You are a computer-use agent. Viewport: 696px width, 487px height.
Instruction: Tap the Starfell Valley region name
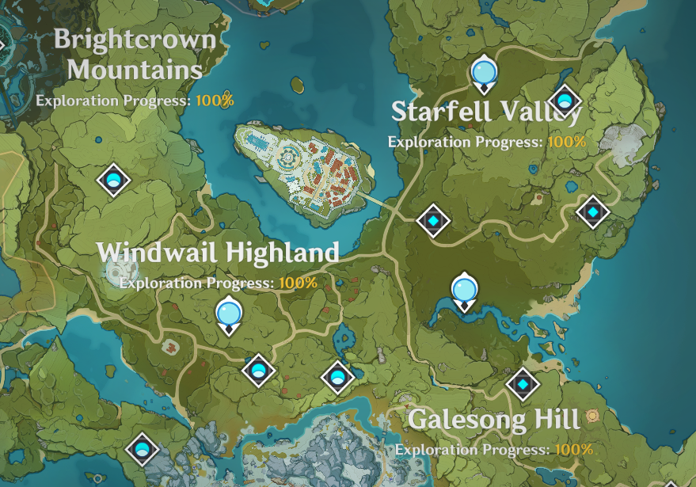click(x=486, y=112)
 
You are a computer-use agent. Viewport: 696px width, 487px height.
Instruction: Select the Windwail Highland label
click(x=218, y=253)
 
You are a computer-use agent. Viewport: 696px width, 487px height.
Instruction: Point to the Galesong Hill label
click(x=494, y=419)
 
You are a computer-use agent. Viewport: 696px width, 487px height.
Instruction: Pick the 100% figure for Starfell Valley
click(x=566, y=142)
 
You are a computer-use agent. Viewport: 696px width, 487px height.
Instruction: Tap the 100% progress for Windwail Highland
click(x=298, y=283)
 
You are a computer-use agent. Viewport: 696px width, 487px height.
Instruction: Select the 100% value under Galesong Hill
click(x=573, y=450)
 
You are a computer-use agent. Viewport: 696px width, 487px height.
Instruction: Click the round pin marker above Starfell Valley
click(x=483, y=74)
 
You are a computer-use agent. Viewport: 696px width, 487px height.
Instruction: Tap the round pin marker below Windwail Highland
click(x=229, y=314)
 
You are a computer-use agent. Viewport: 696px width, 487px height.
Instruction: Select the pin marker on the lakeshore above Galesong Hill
click(x=464, y=291)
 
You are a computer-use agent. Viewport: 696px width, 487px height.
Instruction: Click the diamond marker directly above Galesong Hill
click(x=523, y=385)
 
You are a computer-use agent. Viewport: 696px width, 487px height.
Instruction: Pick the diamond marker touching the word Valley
click(x=565, y=101)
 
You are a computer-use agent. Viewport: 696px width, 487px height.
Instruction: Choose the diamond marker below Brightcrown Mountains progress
click(x=113, y=180)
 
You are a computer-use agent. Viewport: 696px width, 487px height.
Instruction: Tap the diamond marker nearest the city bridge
click(x=433, y=220)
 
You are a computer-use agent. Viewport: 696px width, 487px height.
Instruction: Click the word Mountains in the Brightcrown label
click(x=135, y=69)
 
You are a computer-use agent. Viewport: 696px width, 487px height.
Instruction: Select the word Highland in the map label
click(x=282, y=253)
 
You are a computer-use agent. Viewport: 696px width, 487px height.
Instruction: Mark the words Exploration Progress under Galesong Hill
click(x=473, y=450)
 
